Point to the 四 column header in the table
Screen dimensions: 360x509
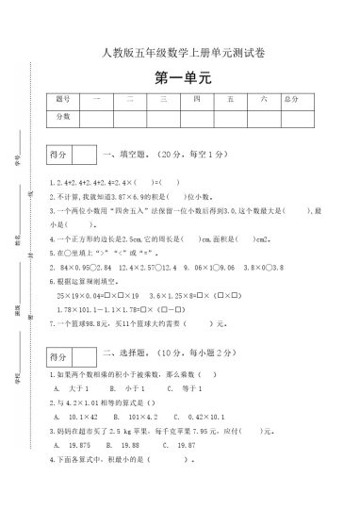tap(197, 99)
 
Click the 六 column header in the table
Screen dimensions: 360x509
tap(265, 99)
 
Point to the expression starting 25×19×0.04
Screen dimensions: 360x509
tap(90, 269)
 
